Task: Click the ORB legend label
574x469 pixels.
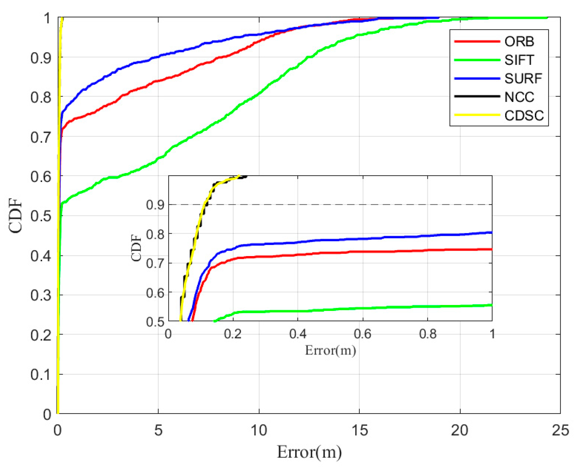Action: pos(519,42)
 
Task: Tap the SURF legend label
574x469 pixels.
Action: pos(523,79)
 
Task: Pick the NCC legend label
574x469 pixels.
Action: pos(519,97)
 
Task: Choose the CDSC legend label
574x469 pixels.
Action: pos(524,116)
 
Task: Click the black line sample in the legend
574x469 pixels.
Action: pos(477,96)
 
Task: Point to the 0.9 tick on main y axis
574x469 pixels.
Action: pos(41,58)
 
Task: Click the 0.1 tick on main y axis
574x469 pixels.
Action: pos(41,375)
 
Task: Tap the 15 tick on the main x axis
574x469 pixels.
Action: pos(359,430)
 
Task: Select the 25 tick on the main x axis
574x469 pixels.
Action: pos(560,430)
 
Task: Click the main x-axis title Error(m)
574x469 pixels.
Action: pos(309,452)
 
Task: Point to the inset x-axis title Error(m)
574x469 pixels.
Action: pos(330,350)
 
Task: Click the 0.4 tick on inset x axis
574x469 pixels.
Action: pos(298,334)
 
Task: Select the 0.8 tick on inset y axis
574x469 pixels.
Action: pos(155,234)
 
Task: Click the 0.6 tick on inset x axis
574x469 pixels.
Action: pos(362,334)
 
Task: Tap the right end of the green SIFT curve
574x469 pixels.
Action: pos(546,18)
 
